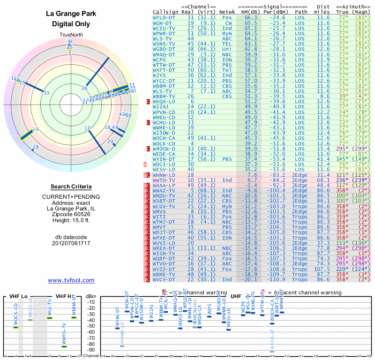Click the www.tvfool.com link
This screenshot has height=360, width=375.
(71, 280)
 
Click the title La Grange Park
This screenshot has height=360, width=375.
(71, 14)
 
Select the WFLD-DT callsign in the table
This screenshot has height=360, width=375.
(164, 17)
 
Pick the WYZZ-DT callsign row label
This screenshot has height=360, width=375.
(164, 270)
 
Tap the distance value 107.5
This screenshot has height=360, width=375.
(322, 270)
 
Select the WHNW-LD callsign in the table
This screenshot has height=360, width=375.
(164, 174)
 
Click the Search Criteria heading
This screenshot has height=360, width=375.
(71, 187)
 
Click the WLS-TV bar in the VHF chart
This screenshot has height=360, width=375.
(50, 318)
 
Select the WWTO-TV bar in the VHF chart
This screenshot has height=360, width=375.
(64, 346)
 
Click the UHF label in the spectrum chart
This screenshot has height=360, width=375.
(236, 296)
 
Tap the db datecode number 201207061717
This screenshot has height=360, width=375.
(71, 243)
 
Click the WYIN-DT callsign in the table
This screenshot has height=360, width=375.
(164, 159)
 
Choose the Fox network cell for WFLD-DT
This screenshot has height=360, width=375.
(227, 17)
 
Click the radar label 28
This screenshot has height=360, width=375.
(35, 148)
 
